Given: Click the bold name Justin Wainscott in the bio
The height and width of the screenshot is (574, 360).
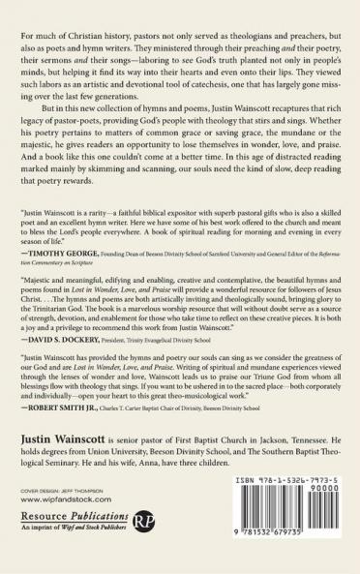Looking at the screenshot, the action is coord(63,438).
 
